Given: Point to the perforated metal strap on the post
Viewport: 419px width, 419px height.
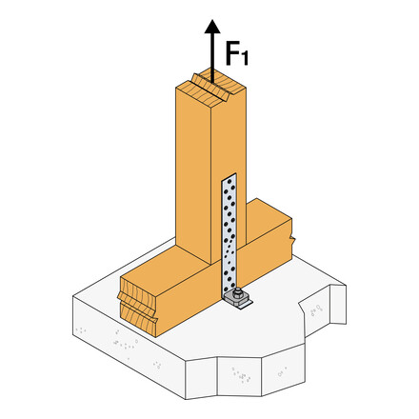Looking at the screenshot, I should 229,233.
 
